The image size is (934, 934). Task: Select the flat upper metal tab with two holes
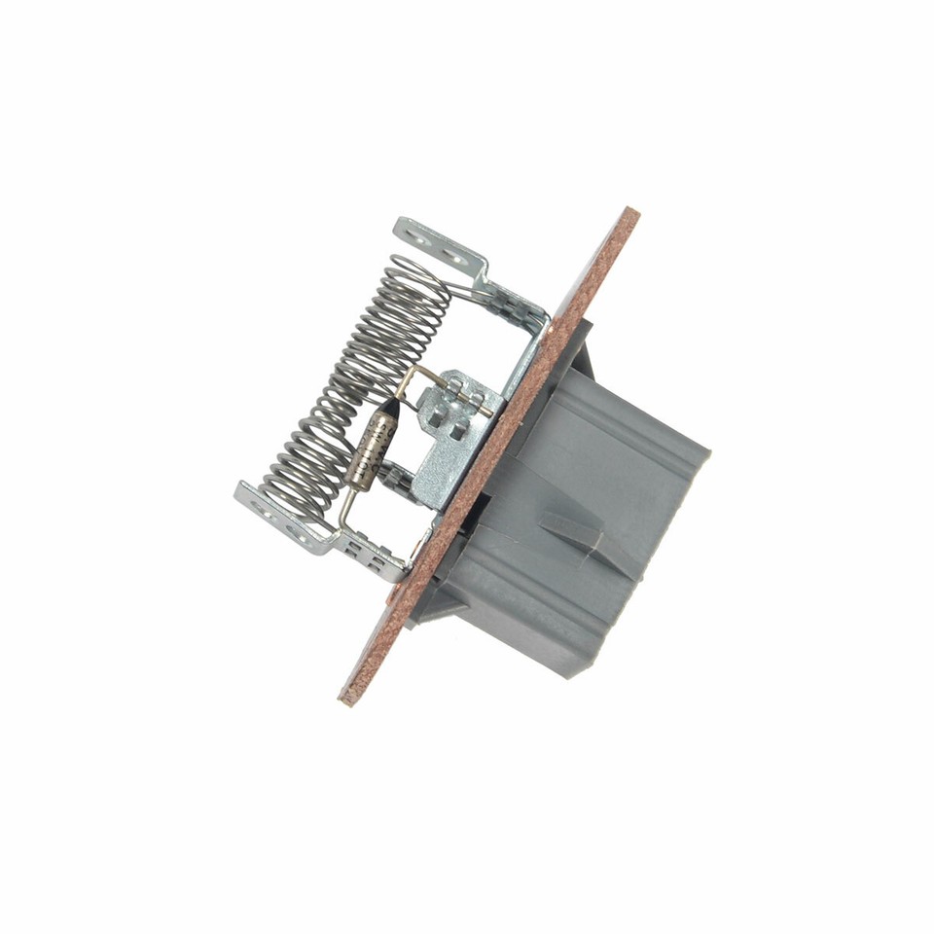(438, 242)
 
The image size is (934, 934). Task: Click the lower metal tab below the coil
(282, 521)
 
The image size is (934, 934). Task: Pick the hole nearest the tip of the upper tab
(415, 232)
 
